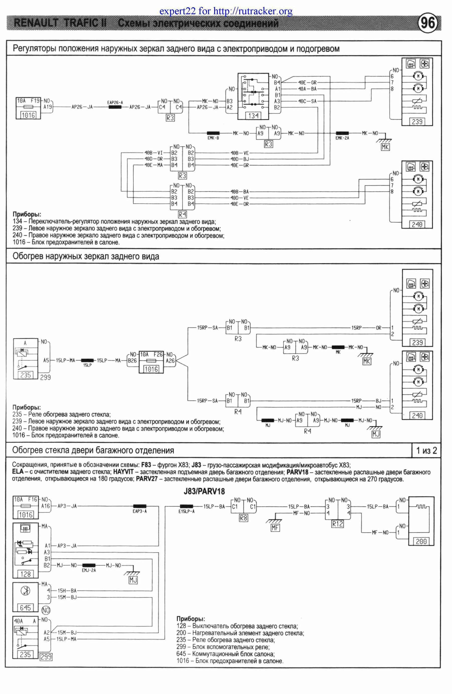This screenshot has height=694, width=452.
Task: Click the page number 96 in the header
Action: (x=427, y=23)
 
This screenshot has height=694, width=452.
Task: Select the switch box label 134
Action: (x=253, y=115)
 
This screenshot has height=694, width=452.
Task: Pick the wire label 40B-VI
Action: (x=153, y=153)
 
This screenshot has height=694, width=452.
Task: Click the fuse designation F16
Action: (x=33, y=499)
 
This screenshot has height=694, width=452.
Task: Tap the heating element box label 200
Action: (x=421, y=541)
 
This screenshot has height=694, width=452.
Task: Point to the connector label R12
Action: (x=337, y=524)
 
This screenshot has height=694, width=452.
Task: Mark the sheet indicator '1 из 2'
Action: (x=426, y=451)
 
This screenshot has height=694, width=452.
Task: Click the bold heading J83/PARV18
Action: (x=204, y=491)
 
